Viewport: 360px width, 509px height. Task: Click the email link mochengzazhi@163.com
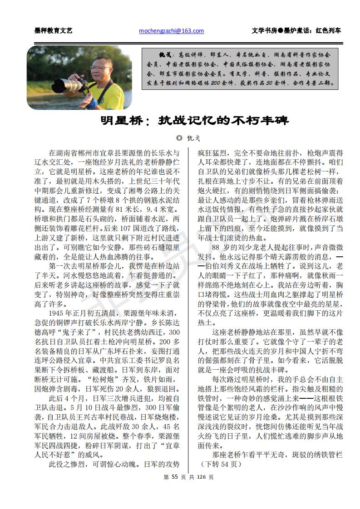coord(171,31)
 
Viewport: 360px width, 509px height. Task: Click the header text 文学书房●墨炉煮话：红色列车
coord(296,31)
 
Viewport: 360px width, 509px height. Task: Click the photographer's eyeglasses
coord(99,68)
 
